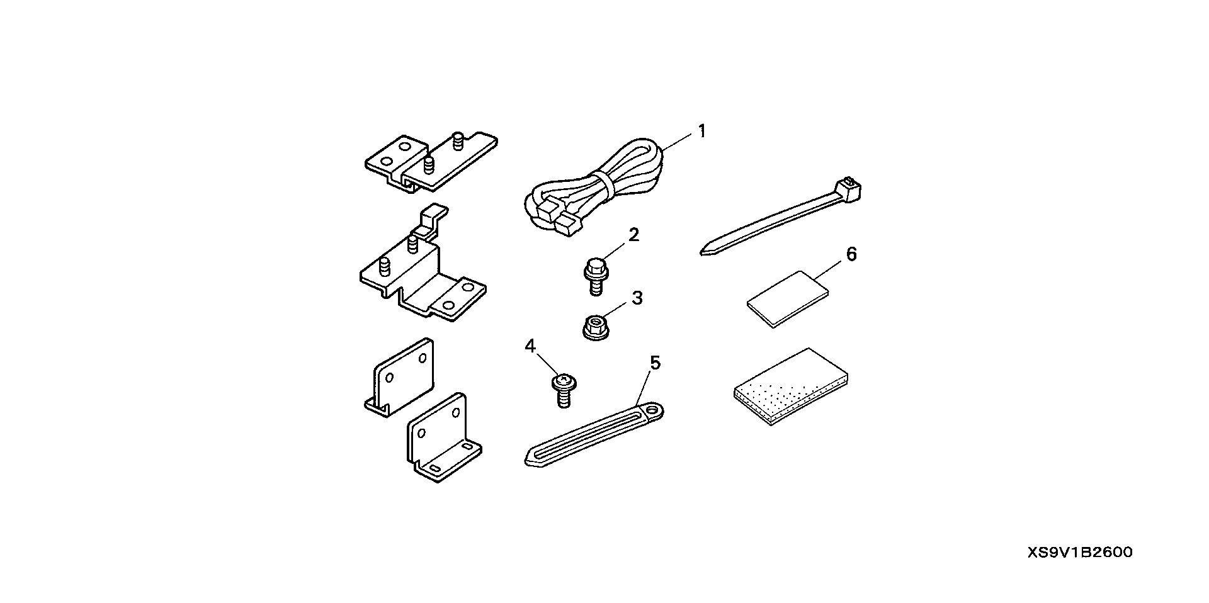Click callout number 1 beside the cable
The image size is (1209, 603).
click(x=701, y=132)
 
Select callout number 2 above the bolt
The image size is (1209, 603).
click(x=633, y=235)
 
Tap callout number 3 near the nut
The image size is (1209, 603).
click(x=637, y=298)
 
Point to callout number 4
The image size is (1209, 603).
click(x=530, y=346)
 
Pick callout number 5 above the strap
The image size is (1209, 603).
click(x=655, y=363)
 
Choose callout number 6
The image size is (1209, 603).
click(x=851, y=254)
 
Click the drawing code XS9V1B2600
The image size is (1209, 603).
click(x=1079, y=553)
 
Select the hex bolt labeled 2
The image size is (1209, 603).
click(x=594, y=276)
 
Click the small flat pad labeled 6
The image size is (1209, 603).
click(x=787, y=299)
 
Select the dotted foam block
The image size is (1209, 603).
click(x=791, y=386)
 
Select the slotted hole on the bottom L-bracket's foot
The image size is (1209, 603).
click(x=434, y=468)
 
